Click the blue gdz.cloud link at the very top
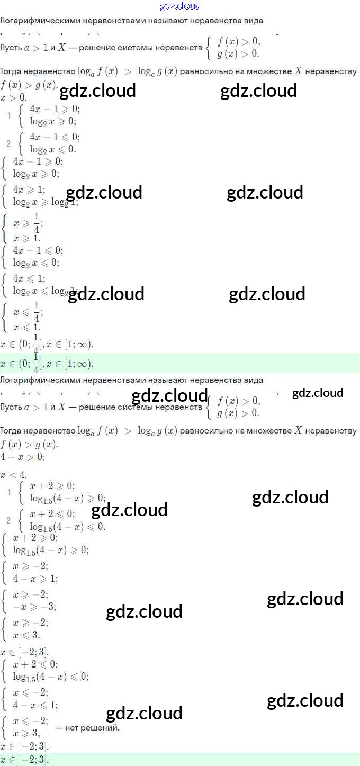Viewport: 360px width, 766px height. pos(180,6)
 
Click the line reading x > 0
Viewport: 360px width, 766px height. pos(13,97)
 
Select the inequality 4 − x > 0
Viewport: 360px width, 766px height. pos(22,456)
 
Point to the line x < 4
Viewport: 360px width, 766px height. pos(13,474)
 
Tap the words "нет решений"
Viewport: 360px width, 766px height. pos(87,728)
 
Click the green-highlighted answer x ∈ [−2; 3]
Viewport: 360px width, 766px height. pos(24,760)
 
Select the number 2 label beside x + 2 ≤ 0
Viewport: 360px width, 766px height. pos(8,520)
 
